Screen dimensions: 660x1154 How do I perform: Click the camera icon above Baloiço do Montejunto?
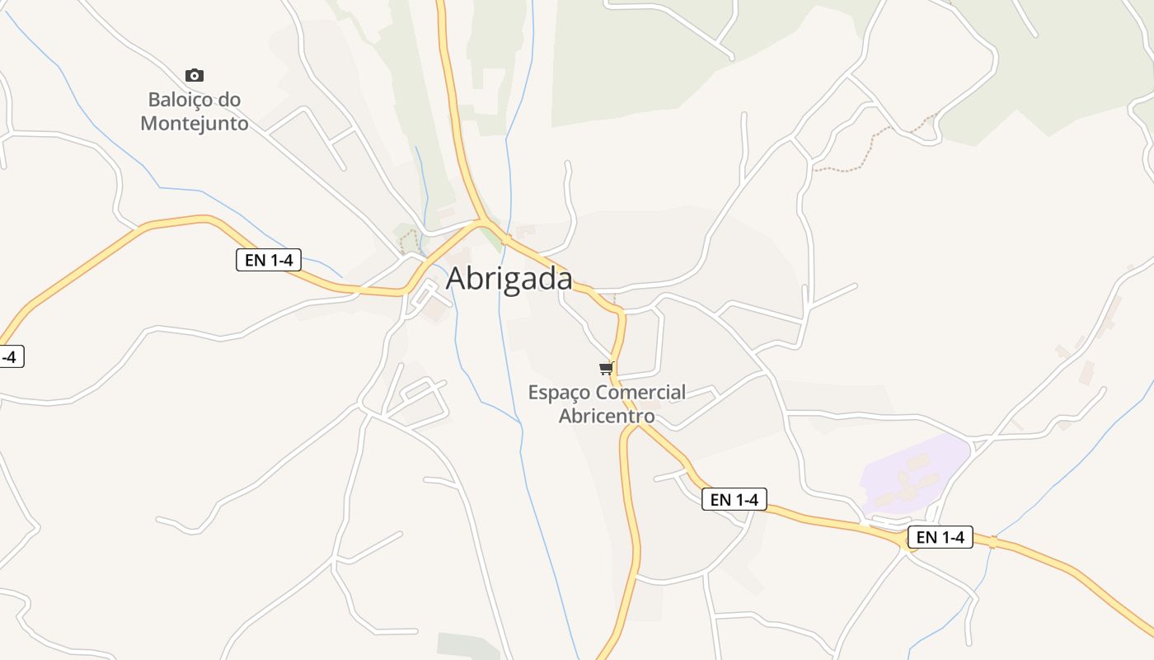pos(194,76)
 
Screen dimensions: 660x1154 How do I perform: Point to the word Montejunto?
pos(195,124)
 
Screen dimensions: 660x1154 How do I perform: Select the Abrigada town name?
pos(509,279)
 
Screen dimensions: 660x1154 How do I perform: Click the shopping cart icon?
pos(607,368)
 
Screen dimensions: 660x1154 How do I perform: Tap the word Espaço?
pos(559,393)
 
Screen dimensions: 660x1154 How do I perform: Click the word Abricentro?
pos(607,416)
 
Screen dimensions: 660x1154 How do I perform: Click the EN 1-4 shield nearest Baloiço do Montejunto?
pos(269,260)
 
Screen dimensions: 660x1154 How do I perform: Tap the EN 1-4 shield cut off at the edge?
pos(10,357)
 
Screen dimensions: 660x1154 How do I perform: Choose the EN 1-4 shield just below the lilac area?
pos(941,537)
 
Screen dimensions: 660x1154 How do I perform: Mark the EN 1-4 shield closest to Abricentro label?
pos(734,499)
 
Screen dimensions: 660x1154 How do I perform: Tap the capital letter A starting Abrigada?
pos(456,279)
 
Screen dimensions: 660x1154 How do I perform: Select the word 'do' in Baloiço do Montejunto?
pos(230,100)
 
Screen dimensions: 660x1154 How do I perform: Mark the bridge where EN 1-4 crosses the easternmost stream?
pos(992,542)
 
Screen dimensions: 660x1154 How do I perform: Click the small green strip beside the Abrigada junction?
pos(492,238)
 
